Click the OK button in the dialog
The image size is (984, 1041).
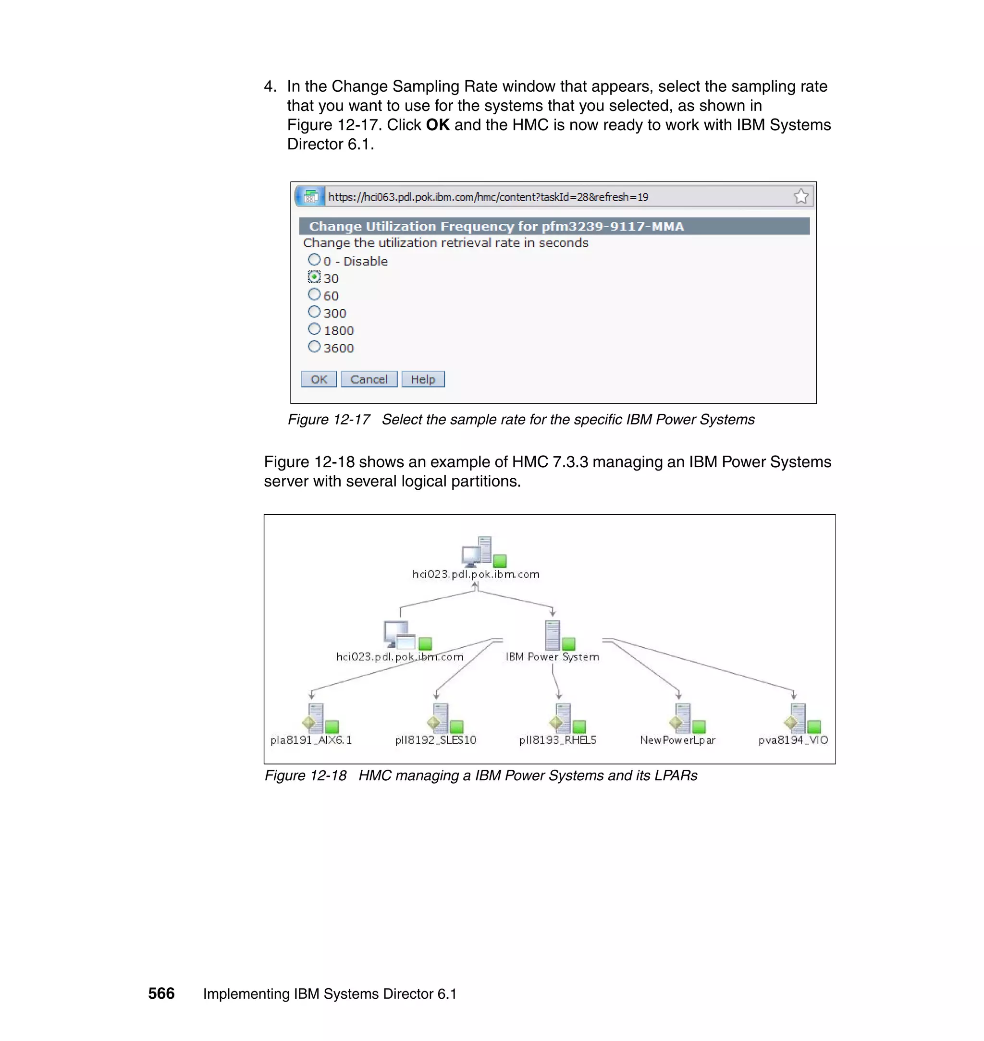pyautogui.click(x=319, y=379)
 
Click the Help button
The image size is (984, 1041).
pyautogui.click(x=423, y=379)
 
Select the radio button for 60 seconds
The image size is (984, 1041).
pyautogui.click(x=314, y=295)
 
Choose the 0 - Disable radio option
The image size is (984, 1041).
pyautogui.click(x=314, y=259)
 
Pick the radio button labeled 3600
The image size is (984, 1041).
pyautogui.click(x=314, y=347)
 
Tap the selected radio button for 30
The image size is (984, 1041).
pyautogui.click(x=314, y=277)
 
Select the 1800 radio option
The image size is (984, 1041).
pyautogui.click(x=314, y=329)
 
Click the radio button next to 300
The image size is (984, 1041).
pyautogui.click(x=314, y=312)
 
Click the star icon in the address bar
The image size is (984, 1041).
pyautogui.click(x=800, y=196)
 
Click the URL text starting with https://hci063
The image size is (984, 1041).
pyautogui.click(x=488, y=197)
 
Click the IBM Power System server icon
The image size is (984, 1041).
pyautogui.click(x=553, y=635)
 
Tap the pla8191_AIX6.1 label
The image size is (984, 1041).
pyautogui.click(x=311, y=739)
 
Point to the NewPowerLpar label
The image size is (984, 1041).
pyautogui.click(x=677, y=739)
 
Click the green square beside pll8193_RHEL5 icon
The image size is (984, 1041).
pyautogui.click(x=579, y=726)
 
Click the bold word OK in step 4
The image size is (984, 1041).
pyautogui.click(x=437, y=125)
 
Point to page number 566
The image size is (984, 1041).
pyautogui.click(x=161, y=993)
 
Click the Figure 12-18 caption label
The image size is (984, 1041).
pyautogui.click(x=305, y=775)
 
